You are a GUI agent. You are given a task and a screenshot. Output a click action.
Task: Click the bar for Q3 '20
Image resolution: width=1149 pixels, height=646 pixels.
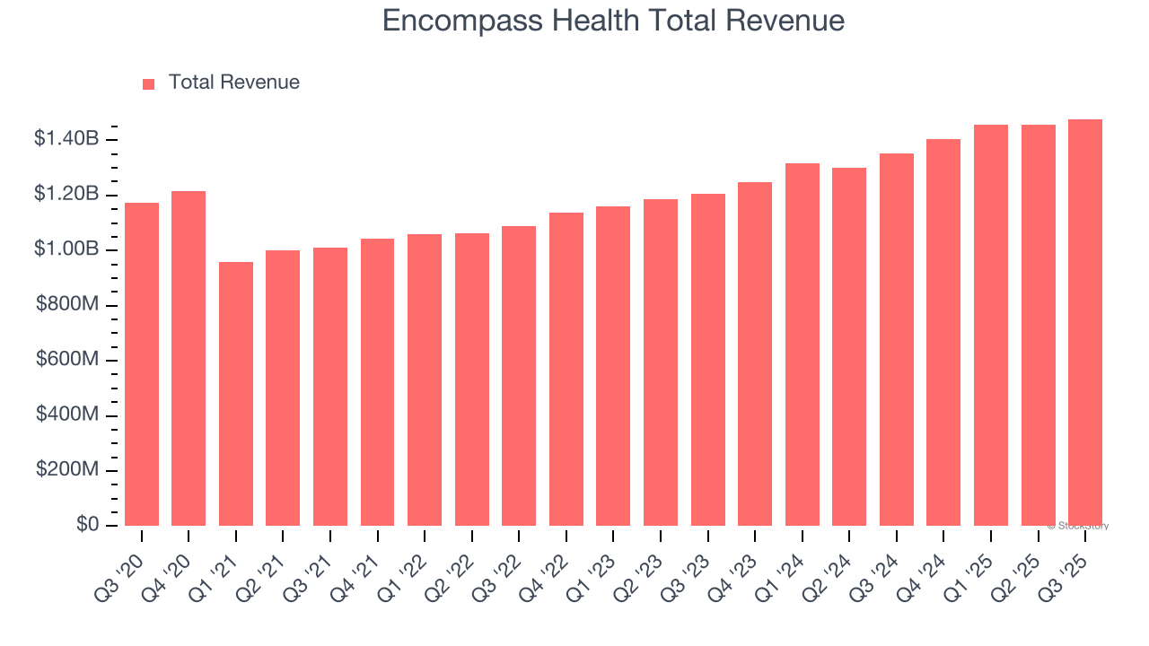[x=142, y=364]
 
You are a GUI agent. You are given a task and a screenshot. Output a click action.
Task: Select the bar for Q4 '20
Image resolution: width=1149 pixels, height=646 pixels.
[x=189, y=359]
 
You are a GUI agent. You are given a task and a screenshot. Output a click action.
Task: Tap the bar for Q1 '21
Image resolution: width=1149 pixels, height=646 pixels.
[x=236, y=394]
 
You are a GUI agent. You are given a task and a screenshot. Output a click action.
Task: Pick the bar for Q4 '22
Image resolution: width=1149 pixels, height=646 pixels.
[x=566, y=370]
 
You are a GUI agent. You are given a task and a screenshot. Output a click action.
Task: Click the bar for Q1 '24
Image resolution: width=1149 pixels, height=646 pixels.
[x=802, y=345]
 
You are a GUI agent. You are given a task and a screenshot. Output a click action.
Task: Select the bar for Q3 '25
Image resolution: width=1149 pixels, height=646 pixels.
[x=1085, y=323]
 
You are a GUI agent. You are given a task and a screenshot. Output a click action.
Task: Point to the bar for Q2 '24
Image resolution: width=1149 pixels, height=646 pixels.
[x=849, y=347]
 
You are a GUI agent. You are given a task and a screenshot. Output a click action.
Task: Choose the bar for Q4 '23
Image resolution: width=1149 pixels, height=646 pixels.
[x=755, y=354]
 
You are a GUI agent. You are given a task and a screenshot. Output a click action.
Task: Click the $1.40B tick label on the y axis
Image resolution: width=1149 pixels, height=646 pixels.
[x=66, y=139]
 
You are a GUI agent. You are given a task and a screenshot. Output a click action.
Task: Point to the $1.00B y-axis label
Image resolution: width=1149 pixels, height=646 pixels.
[x=66, y=249]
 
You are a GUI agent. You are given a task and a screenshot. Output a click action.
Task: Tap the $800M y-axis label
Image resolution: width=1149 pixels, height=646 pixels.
[x=67, y=305]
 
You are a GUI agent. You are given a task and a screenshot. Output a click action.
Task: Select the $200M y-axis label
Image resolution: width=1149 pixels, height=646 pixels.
[x=67, y=470]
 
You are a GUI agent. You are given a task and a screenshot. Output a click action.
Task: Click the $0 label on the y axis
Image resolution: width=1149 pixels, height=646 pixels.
[x=87, y=525]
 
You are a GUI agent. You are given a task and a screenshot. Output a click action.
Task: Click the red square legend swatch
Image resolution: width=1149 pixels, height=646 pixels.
[x=149, y=83]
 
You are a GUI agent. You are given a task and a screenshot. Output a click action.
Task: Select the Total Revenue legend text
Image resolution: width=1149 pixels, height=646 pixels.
[x=234, y=83]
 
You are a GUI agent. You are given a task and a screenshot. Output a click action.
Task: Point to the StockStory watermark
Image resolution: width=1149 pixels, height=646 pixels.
[x=1077, y=526]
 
